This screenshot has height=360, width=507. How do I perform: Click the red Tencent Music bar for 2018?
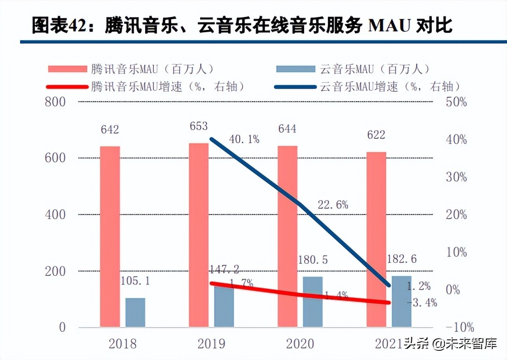coord(110,236)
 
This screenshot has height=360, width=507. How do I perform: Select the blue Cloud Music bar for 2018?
coord(135,312)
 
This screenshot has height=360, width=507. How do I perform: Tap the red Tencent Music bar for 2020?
coord(287,236)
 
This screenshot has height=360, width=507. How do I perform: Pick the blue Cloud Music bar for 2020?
coord(313,301)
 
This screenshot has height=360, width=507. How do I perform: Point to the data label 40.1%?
coord(244,139)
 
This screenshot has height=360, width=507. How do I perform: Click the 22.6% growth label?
coord(333,204)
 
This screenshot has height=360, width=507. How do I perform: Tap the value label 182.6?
coord(402,259)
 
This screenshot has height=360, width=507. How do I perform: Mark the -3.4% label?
coord(422,302)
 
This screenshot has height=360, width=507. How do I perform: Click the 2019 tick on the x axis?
coord(211,344)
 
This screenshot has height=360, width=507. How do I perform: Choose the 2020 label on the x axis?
coord(300,344)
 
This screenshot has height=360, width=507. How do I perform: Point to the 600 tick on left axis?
coord(55,158)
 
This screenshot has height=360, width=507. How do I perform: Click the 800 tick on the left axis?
coord(55,102)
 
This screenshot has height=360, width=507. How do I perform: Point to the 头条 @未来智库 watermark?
coord(450,344)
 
